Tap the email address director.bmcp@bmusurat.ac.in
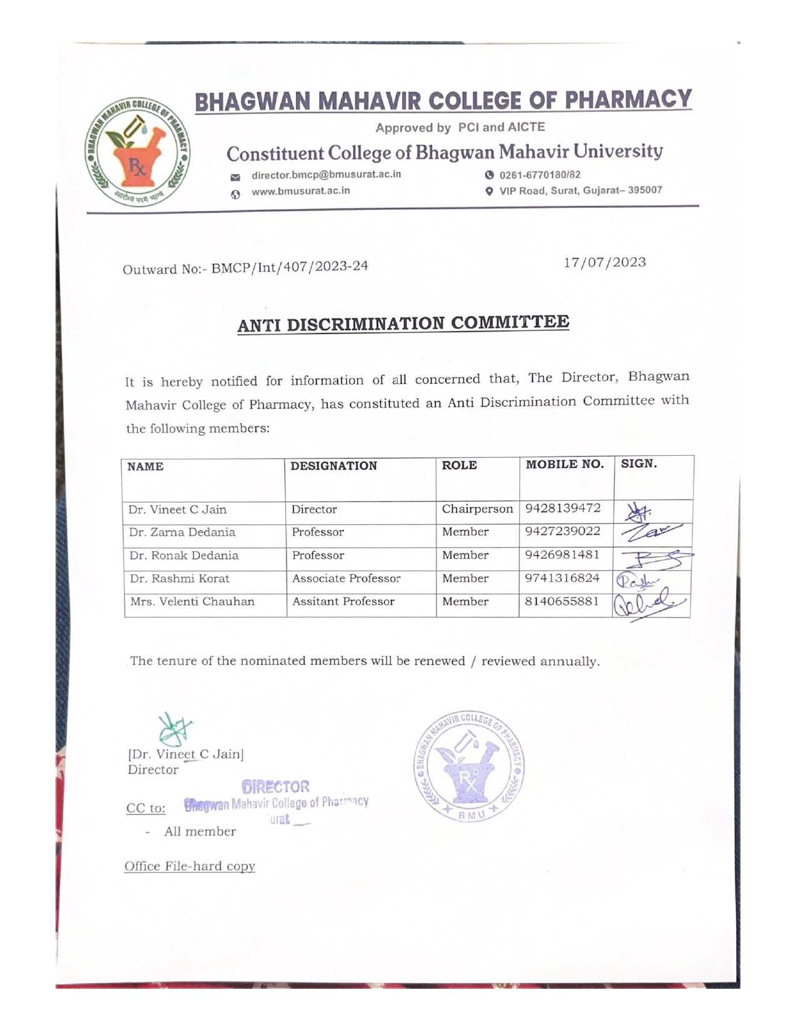(x=326, y=175)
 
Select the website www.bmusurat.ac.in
(x=300, y=191)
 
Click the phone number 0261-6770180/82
(x=540, y=175)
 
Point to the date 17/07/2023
(x=604, y=262)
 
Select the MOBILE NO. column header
(x=565, y=464)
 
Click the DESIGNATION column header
(x=333, y=466)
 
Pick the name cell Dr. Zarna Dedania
(x=182, y=532)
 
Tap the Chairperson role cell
(x=477, y=509)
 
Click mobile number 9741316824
(x=562, y=578)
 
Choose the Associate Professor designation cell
(x=346, y=579)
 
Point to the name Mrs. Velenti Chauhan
(x=192, y=602)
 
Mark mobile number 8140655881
(x=562, y=601)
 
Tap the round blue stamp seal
(x=469, y=767)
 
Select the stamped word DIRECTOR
(x=276, y=787)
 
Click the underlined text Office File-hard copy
(x=190, y=866)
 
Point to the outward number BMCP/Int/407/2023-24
(x=290, y=268)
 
